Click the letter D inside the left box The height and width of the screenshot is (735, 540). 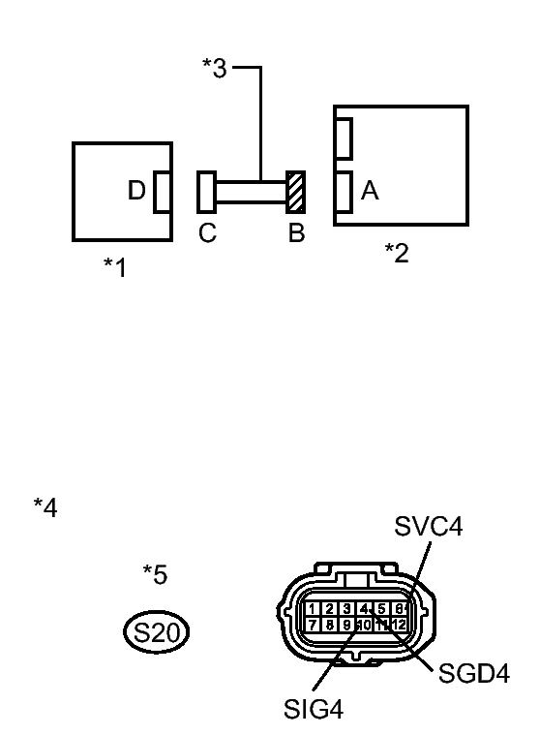click(136, 191)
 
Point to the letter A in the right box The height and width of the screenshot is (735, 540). click(369, 192)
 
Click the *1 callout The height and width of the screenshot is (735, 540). click(115, 267)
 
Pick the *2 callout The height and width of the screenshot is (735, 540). click(397, 253)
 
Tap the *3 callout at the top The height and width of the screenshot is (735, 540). click(214, 69)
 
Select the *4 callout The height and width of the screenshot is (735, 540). click(45, 506)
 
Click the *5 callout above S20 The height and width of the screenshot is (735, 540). click(155, 574)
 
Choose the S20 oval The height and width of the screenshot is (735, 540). click(156, 634)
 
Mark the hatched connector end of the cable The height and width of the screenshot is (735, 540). click(295, 191)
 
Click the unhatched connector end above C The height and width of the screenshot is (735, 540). click(206, 191)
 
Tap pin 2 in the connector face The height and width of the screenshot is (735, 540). click(329, 609)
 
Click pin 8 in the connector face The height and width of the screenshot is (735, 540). click(329, 625)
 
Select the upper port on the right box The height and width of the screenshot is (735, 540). click(343, 137)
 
